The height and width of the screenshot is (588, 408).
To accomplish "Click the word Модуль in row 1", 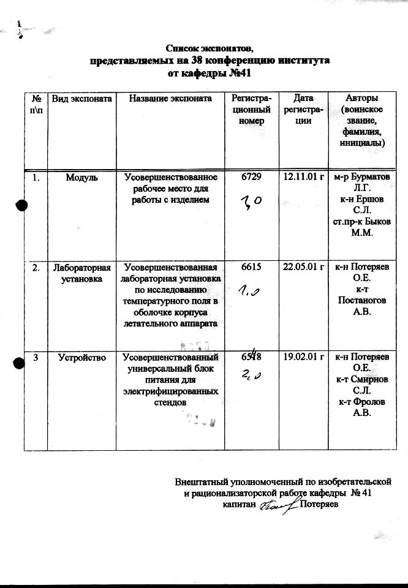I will tap(81, 177).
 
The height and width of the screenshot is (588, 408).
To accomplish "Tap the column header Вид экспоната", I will tap(81, 99).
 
